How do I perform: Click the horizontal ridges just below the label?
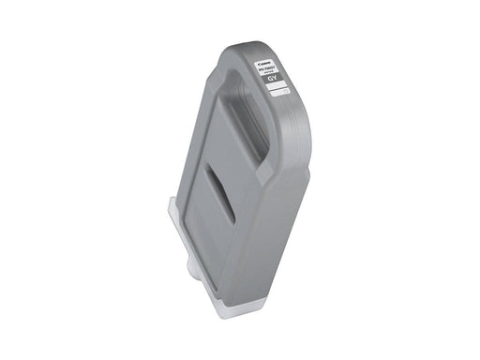(287, 122)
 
